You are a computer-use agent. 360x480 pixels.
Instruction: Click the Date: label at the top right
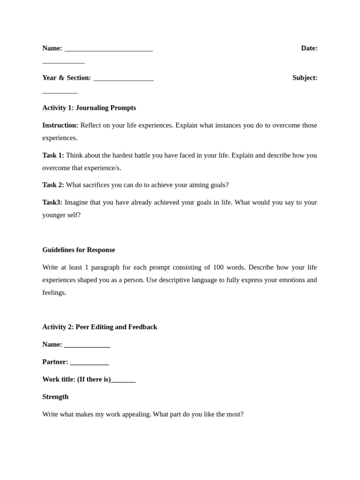click(x=309, y=48)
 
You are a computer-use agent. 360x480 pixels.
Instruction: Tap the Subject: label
click(x=305, y=78)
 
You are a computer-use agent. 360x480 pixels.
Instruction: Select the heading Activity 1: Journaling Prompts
click(x=89, y=108)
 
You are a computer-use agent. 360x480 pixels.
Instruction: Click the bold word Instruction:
click(x=60, y=125)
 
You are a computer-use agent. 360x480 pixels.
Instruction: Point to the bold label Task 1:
click(x=53, y=155)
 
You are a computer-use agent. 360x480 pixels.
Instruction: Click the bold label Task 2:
click(x=53, y=185)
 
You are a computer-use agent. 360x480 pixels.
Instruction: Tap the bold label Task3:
click(x=52, y=202)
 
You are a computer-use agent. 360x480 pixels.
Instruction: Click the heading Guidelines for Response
click(x=78, y=250)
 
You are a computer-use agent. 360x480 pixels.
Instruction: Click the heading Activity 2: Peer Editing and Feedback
click(x=99, y=327)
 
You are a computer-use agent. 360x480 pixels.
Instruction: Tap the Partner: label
click(x=55, y=362)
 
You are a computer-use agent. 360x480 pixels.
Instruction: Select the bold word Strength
click(x=55, y=397)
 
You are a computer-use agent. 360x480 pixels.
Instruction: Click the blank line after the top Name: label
click(x=109, y=50)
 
